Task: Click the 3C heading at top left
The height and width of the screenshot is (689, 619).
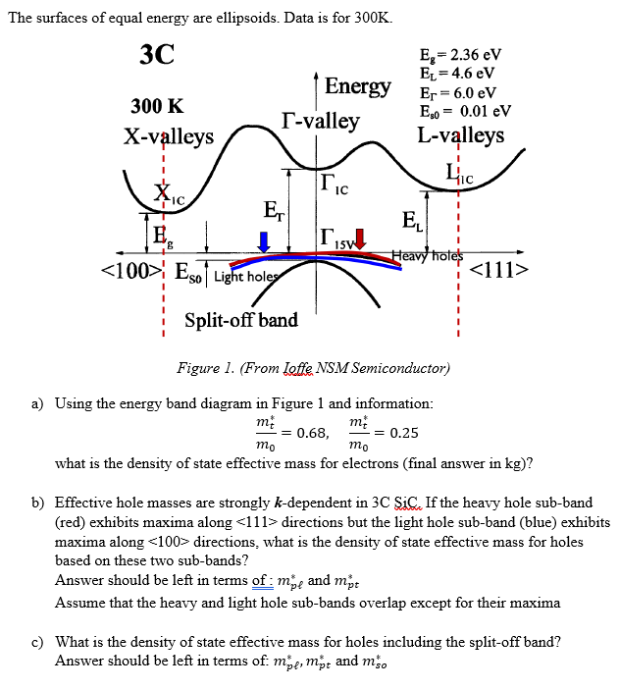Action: [156, 55]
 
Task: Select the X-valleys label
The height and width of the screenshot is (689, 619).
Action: [169, 135]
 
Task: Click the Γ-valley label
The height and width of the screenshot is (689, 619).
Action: [319, 122]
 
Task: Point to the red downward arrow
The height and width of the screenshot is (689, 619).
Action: [359, 238]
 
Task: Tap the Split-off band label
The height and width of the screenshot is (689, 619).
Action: [241, 321]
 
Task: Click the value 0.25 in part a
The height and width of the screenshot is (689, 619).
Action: [403, 432]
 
